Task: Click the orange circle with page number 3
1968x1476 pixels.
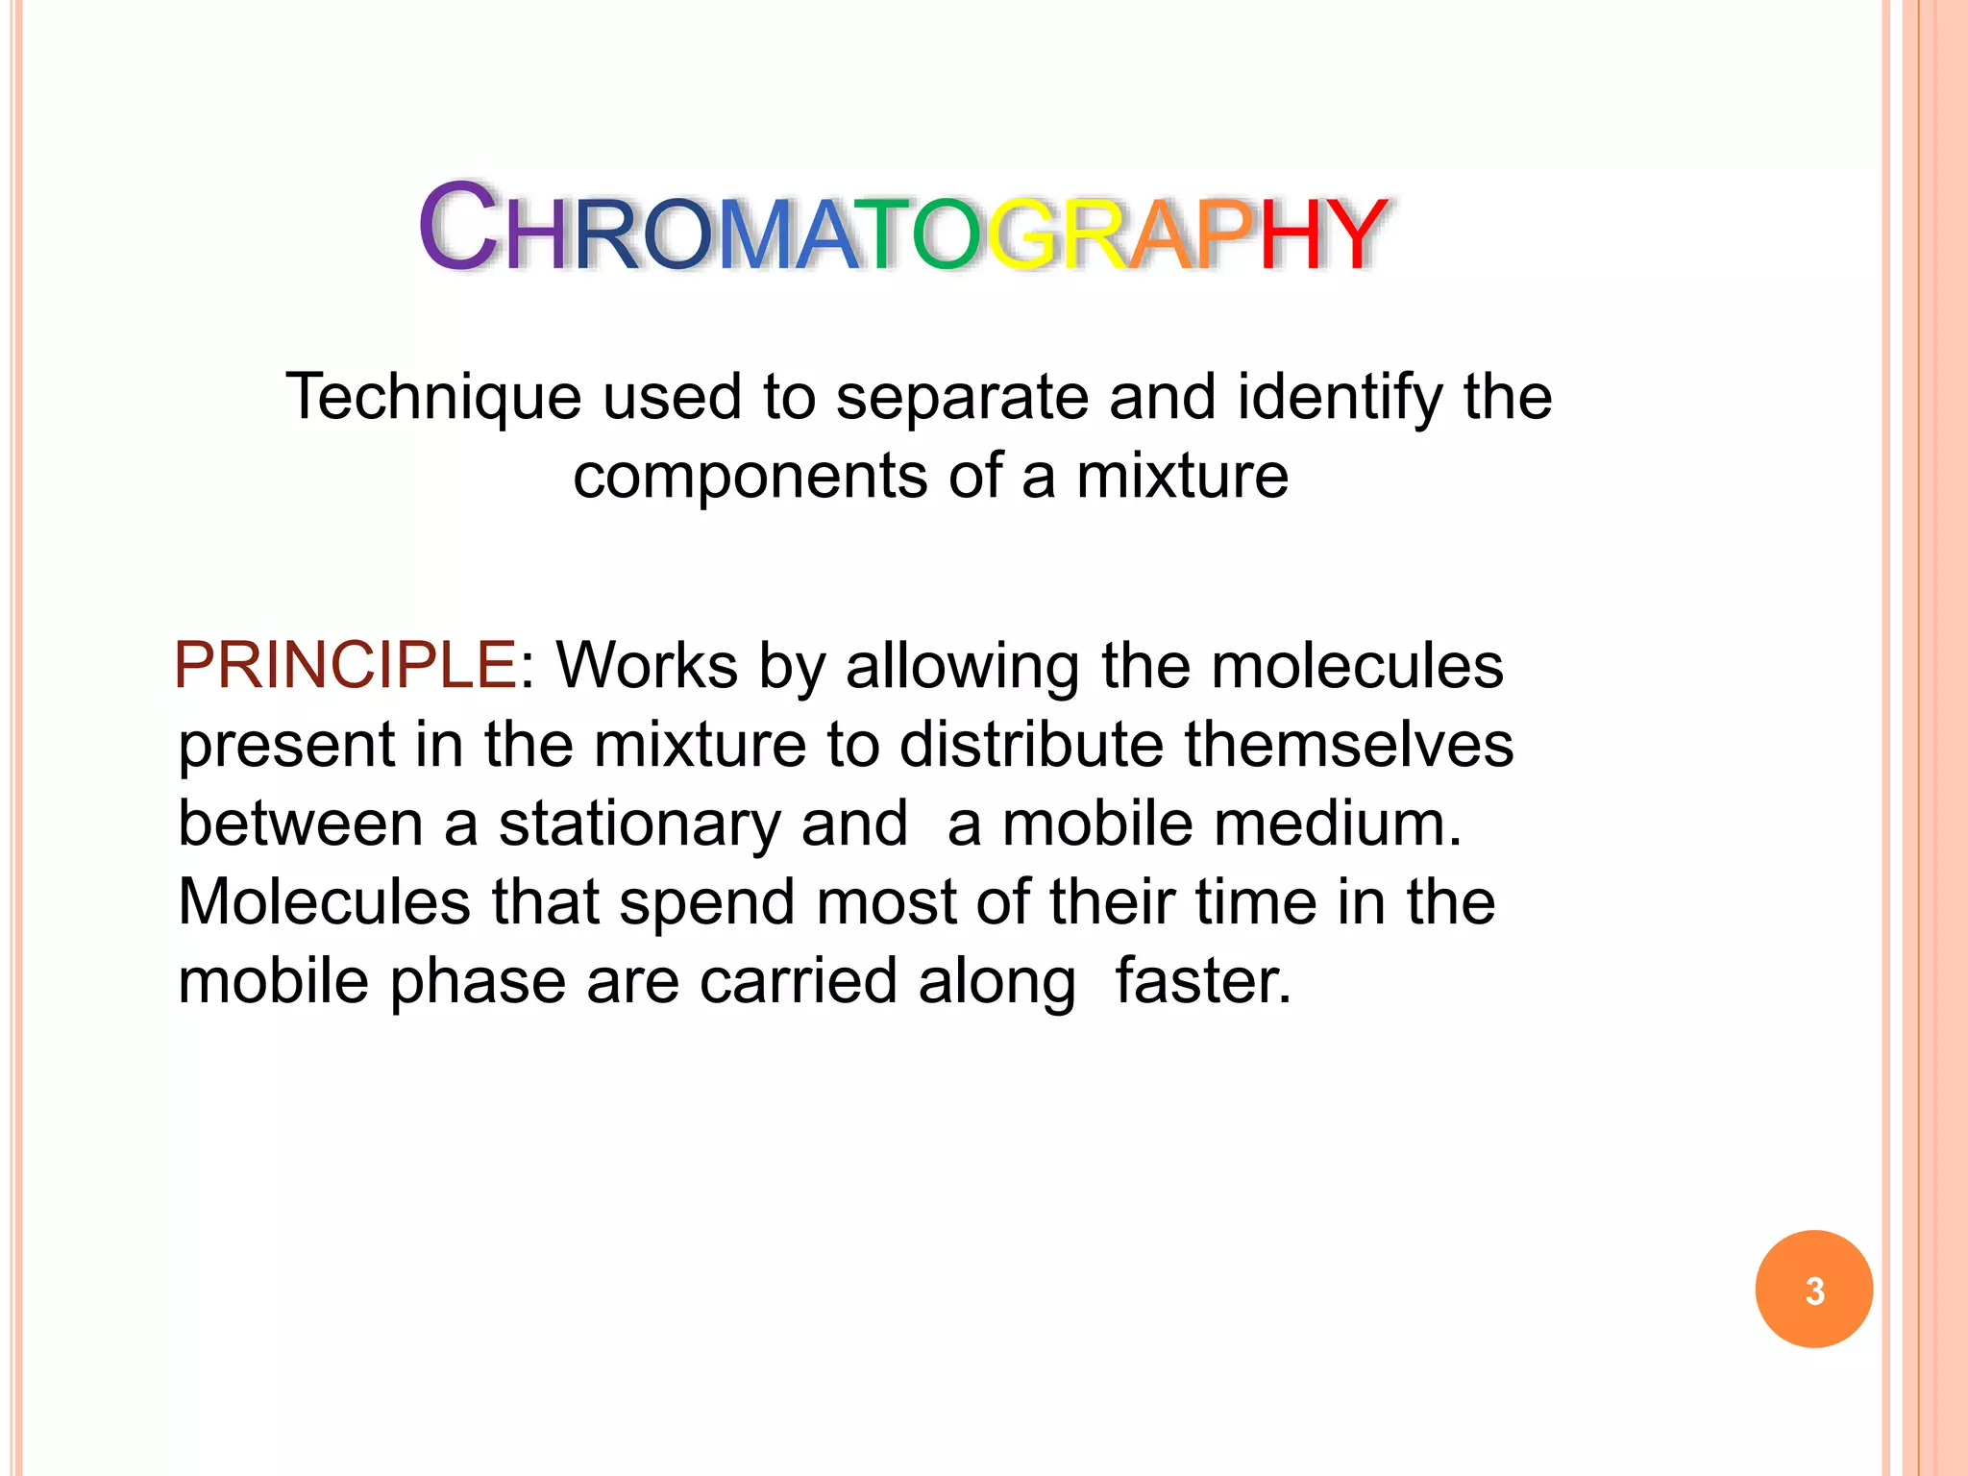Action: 1813,1289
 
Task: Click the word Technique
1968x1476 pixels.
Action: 433,398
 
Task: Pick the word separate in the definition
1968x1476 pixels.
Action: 962,398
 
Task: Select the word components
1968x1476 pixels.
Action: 750,478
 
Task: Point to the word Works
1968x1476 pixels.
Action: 647,665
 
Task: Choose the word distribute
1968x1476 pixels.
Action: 1031,745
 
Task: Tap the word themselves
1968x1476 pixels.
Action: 1348,745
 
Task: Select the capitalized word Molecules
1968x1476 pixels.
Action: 325,902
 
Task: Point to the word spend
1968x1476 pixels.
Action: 707,904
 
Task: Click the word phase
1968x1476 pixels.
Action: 478,983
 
